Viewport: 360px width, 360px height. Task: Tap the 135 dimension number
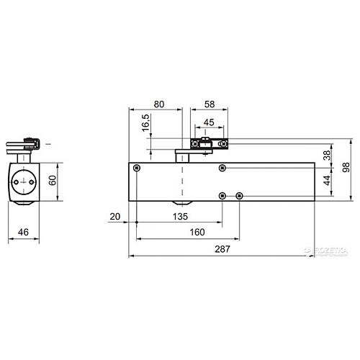coord(179,215)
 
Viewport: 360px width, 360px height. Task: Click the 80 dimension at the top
coord(161,104)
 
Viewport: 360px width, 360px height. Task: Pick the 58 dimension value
coord(210,104)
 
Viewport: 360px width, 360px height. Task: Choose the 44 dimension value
coord(326,180)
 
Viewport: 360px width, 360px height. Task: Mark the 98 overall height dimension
coord(346,167)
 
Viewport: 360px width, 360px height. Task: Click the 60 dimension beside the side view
coord(51,180)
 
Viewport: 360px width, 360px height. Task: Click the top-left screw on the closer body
coord(135,168)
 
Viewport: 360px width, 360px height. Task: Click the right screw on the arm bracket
coord(225,144)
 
